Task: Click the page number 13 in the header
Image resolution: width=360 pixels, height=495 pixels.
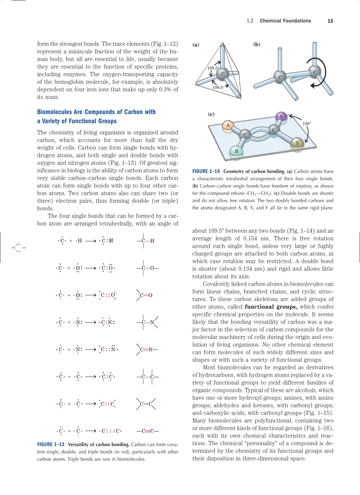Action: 330,21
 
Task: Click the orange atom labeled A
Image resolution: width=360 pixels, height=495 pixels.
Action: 228,126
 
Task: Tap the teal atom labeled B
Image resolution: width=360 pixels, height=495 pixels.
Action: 236,152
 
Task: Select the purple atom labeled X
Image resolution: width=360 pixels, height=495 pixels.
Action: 281,116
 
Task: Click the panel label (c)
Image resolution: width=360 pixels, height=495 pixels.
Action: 211,114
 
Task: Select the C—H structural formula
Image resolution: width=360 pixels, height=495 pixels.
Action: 145,241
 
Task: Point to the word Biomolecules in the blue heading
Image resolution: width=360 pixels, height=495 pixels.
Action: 57,112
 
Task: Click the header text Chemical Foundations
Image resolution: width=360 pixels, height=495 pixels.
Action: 285,21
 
